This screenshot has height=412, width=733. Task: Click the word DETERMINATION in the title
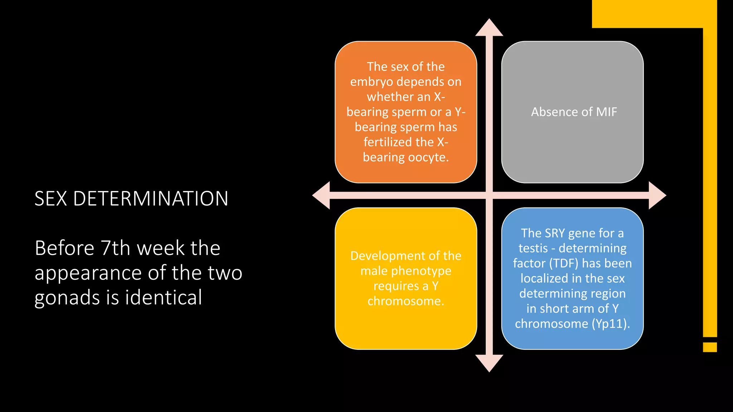click(x=151, y=199)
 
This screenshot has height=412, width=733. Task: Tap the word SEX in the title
click(x=50, y=199)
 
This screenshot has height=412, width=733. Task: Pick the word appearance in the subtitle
click(x=88, y=273)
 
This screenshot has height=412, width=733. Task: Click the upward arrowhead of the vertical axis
click(x=489, y=28)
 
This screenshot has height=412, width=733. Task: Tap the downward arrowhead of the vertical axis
click(x=489, y=363)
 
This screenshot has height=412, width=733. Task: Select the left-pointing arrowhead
click(x=321, y=195)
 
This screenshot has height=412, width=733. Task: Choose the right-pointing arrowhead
click(x=657, y=195)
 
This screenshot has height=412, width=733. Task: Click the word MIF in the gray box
click(x=606, y=112)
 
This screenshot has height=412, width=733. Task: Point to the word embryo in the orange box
click(x=372, y=82)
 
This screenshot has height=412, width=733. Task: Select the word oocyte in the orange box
click(x=428, y=157)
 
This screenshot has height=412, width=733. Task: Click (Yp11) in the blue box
click(x=610, y=324)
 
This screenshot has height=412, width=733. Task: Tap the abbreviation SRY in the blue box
click(x=554, y=233)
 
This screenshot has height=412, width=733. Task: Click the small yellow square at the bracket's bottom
click(x=710, y=347)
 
